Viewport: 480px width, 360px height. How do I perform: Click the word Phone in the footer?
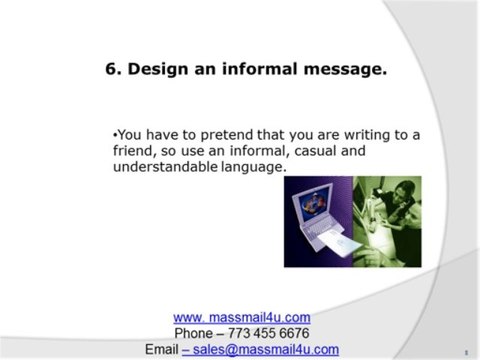195,333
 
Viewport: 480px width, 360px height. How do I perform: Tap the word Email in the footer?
161,349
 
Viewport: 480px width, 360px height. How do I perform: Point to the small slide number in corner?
467,353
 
